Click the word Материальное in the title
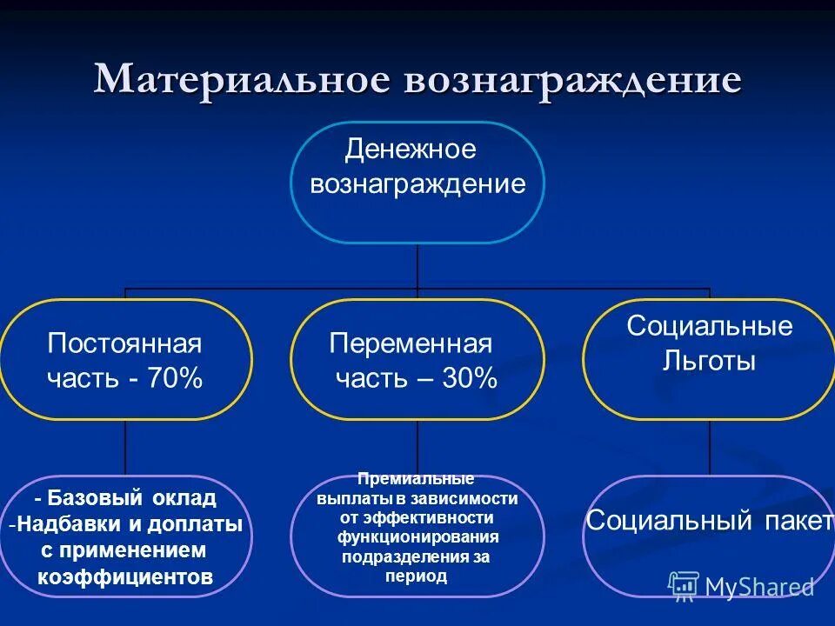click(242, 79)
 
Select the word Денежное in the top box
click(411, 150)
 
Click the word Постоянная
click(124, 343)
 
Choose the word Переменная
click(411, 343)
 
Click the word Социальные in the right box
click(710, 326)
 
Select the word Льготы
click(710, 361)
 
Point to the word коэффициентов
click(124, 576)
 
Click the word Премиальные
click(416, 480)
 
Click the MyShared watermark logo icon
click(684, 586)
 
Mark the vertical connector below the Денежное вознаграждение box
click(417, 265)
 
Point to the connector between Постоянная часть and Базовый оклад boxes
click(125, 448)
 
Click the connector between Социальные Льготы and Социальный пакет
click(710, 448)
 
